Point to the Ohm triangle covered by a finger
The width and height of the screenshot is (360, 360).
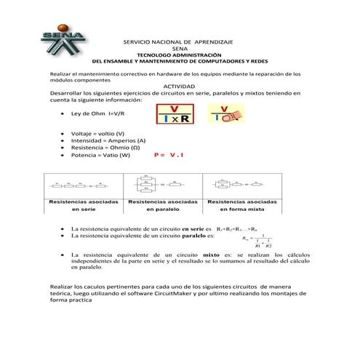[226, 113]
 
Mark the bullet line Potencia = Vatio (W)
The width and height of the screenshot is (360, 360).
[101, 155]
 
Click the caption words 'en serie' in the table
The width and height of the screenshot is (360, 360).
[83, 209]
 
